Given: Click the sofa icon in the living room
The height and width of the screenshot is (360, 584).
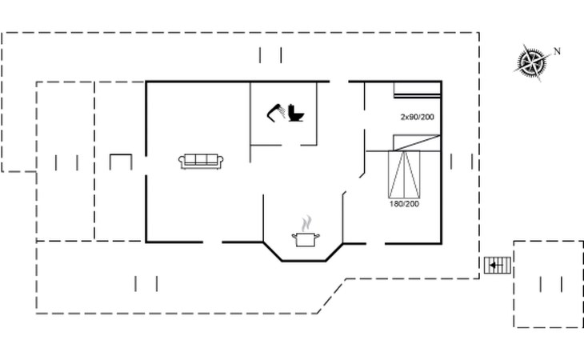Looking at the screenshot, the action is tap(201, 162).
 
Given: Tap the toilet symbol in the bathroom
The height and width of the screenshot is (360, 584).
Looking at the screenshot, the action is tap(296, 113).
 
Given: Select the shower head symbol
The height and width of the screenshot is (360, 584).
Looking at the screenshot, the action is tap(276, 113).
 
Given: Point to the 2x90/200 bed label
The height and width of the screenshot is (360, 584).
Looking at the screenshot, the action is tap(417, 117).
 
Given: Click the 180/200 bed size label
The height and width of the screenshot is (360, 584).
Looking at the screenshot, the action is tap(404, 204).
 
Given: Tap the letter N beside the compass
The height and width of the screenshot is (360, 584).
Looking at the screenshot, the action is tap(557, 51).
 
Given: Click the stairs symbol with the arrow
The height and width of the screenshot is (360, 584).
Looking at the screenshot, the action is tap(498, 266).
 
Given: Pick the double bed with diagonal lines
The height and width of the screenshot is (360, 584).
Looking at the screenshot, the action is tap(404, 174).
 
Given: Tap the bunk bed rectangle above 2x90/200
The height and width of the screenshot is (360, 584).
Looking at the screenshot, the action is tap(417, 90).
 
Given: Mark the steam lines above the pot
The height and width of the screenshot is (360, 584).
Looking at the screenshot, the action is tap(306, 223).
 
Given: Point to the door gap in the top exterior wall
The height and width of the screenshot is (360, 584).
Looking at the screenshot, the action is tap(339, 81).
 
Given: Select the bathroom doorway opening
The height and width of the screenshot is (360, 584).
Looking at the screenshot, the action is tap(290, 145).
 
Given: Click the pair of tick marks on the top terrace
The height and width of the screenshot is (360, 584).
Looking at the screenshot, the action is tap(270, 55).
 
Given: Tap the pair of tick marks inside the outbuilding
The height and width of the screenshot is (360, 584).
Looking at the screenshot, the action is tap(551, 285).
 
